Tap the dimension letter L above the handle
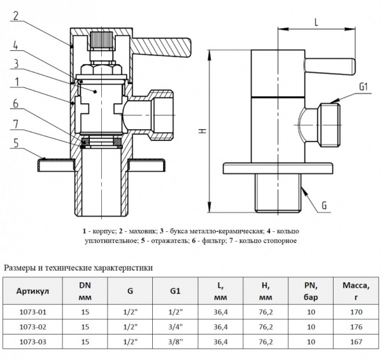(316, 22)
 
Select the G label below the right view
(324, 205)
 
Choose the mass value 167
(356, 342)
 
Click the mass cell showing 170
(356, 312)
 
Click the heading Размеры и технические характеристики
(78, 268)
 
